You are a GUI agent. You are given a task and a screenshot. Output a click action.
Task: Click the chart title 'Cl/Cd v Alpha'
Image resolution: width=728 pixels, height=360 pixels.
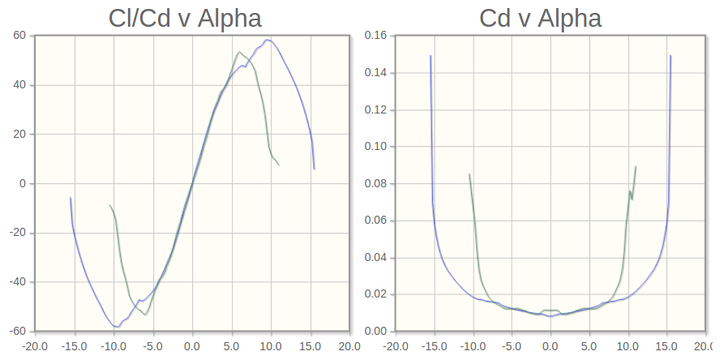pos(185,18)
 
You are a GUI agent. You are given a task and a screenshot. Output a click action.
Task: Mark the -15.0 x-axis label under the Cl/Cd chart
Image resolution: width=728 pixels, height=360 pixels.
pos(74,345)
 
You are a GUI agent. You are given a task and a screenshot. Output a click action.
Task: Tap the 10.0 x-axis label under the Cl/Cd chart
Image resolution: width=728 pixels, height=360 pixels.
pos(271,345)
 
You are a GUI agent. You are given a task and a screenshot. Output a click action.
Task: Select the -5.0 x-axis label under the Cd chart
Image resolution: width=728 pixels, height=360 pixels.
pos(511,345)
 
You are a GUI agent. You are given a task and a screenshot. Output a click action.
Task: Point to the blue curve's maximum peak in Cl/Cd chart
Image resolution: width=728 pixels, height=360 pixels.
pos(268,40)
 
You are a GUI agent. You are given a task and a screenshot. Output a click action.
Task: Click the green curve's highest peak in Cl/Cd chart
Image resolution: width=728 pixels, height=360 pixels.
pos(239,53)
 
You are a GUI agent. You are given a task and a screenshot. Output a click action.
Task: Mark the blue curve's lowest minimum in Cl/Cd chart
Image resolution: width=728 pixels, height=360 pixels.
pos(118,327)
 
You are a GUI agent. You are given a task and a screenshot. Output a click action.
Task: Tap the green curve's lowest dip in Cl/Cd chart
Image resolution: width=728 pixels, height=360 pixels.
pos(146,315)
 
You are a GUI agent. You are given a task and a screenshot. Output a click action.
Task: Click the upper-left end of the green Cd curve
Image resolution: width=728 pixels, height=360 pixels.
pos(469,174)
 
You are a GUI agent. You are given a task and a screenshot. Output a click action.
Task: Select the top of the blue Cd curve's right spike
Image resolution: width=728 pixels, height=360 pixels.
pos(670,56)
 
